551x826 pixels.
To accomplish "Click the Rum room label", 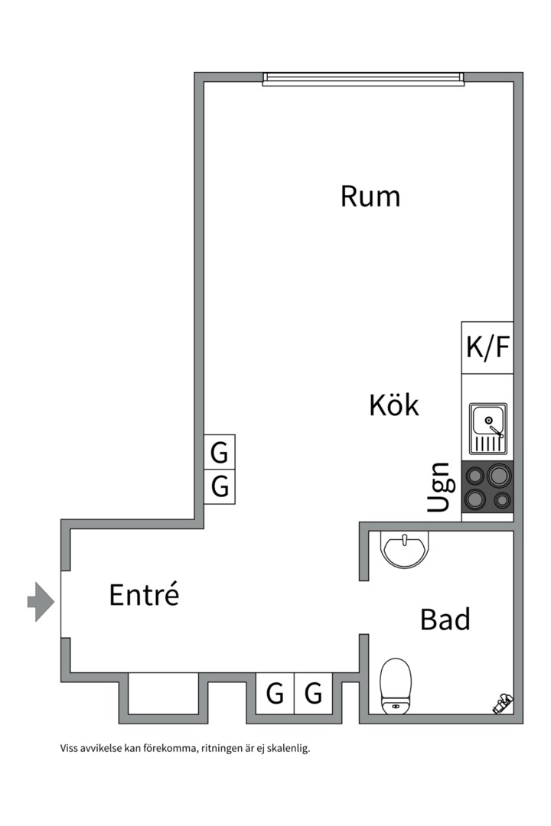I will point(370,197).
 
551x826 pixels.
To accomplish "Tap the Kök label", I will point(394,405).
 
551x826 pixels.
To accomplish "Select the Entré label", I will point(144,594).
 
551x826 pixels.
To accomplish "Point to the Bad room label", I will point(445,619).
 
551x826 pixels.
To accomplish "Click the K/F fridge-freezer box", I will point(487,348).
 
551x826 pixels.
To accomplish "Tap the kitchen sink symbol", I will point(488,429).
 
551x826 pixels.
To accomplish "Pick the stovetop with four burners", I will point(487,487).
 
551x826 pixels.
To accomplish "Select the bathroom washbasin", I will point(405,550).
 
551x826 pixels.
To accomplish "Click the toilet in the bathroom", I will point(396,685).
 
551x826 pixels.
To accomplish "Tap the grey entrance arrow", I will point(41,601).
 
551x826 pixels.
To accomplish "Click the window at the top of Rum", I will point(363,78).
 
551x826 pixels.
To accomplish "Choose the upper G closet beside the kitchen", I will point(220,454).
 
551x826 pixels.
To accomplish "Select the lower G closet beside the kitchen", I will point(220,487).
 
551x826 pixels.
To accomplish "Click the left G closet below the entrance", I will point(275,694).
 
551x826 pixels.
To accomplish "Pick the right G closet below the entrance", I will point(314,694).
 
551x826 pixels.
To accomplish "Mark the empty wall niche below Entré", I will point(164,694).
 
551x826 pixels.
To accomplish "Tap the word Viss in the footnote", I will point(69,749).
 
